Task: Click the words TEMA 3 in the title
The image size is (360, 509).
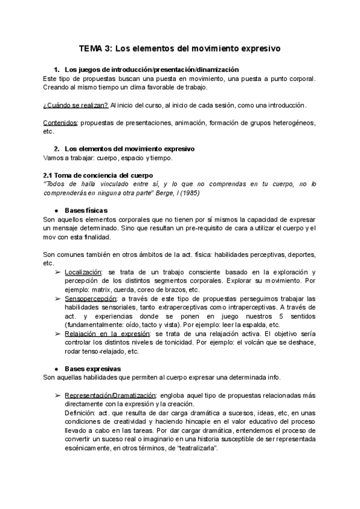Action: point(95,47)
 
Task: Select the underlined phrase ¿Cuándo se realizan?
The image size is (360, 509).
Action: point(76,106)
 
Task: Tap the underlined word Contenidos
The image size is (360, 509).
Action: point(61,122)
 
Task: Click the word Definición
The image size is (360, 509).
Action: point(80,413)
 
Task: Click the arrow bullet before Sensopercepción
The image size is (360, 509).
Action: point(58,298)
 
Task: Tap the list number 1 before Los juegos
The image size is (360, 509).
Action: point(56,70)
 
